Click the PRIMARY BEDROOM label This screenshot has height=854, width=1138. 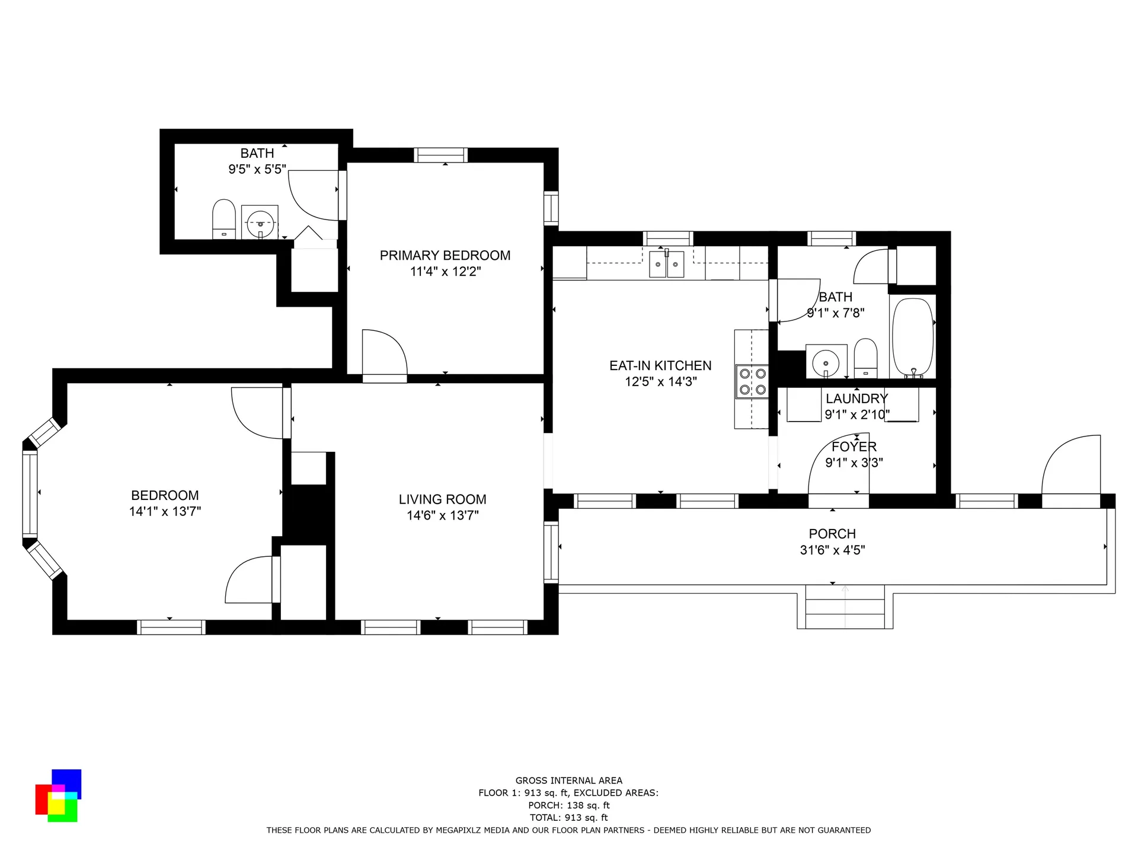pos(445,256)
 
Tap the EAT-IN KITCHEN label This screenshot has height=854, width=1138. pos(660,366)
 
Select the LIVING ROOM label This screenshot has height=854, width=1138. pos(442,500)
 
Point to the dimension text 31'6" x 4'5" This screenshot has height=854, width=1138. pos(832,550)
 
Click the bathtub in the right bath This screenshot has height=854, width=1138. pos(913,337)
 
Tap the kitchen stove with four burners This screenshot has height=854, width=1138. pos(752,381)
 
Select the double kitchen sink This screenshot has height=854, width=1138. pos(667,264)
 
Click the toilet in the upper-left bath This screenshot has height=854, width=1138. pos(224,219)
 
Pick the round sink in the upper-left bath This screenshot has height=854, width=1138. pos(260,222)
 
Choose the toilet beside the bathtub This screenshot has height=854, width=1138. pos(866,358)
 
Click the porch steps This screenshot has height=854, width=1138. pos(845,607)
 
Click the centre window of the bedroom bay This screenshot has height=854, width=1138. pos(30,494)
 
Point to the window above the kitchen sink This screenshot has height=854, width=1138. pos(668,238)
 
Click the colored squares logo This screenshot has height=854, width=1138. pos(57,795)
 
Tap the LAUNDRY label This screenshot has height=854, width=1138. pos(856,399)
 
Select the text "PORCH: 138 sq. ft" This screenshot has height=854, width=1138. pos(569,805)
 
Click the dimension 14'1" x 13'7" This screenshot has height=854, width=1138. pos(165,511)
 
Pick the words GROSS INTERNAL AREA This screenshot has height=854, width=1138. pos(569,780)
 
